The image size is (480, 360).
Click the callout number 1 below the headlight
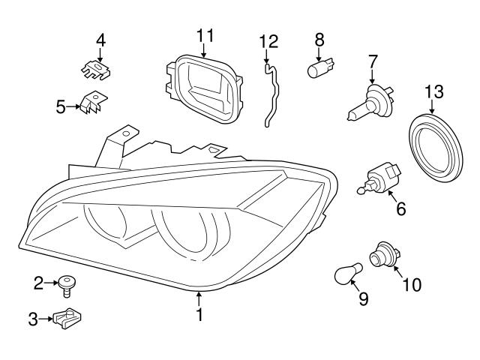coord(199,316)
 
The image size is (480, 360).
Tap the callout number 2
coord(38,283)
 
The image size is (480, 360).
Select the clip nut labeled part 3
coord(70,320)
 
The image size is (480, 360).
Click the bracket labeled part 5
coord(92,106)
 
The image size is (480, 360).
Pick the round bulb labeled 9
coord(349,275)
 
